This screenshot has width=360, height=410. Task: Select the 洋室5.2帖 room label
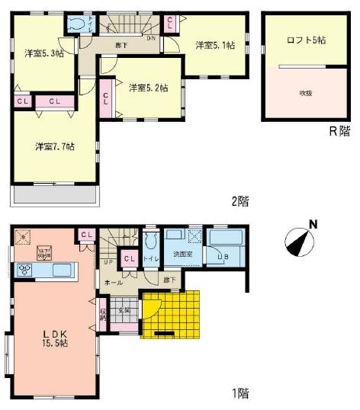click(147, 87)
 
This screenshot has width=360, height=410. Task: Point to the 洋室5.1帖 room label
click(214, 45)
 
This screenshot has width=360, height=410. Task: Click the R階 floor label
click(338, 130)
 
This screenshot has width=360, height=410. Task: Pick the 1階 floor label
click(239, 393)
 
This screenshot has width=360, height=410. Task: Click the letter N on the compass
click(312, 224)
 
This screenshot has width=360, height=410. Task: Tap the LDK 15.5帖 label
click(53, 338)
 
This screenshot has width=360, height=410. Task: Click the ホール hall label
click(114, 282)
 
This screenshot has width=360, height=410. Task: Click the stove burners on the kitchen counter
click(25, 268)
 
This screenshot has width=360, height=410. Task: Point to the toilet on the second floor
click(77, 24)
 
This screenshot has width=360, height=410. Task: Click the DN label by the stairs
click(151, 38)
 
